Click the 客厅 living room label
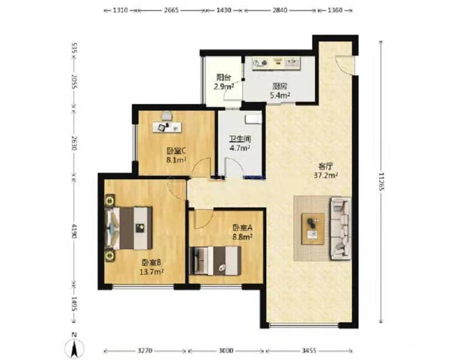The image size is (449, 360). tap(326, 166)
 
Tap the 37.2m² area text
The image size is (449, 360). tap(326, 175)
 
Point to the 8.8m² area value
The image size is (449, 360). tap(242, 237)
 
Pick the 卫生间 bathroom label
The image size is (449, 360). tap(240, 139)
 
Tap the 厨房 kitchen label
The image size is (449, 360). tap(280, 86)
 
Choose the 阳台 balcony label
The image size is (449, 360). tap(224, 77)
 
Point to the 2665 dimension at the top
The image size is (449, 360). tap(171, 11)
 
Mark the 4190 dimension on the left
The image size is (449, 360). tap(74, 231)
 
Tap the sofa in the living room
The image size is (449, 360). tap(340, 228)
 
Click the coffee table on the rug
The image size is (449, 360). tap(313, 229)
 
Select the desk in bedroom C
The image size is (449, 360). tap(167, 127)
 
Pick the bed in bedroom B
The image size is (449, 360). tap(128, 228)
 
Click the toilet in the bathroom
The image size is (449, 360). tap(254, 119)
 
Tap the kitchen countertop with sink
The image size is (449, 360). tap(276, 63)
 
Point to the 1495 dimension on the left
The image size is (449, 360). tap(74, 304)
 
